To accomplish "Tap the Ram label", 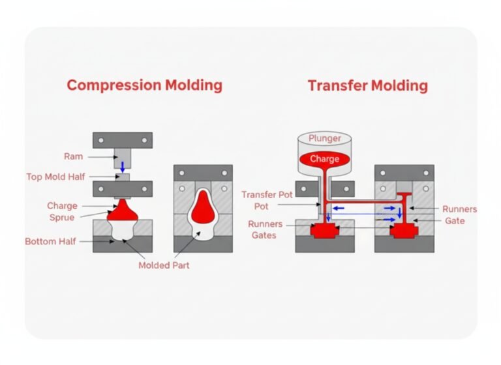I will [73, 156].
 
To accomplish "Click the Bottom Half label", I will [50, 241].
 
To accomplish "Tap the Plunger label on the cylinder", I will [324, 138].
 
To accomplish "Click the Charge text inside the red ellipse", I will [324, 158].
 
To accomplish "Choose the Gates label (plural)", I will [264, 235].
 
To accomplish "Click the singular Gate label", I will [454, 221].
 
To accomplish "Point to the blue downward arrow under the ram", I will [123, 167].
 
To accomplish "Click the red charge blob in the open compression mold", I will [123, 211].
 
